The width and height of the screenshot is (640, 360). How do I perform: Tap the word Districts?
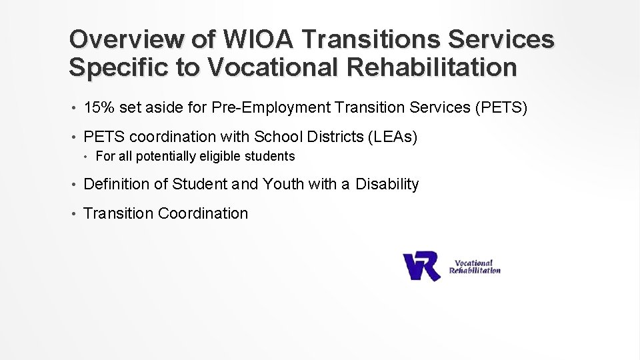click(x=335, y=137)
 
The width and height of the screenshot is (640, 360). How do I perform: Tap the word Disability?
click(x=387, y=184)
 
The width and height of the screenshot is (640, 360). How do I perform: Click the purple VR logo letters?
click(x=421, y=265)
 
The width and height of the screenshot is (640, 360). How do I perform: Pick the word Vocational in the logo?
click(x=473, y=263)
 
